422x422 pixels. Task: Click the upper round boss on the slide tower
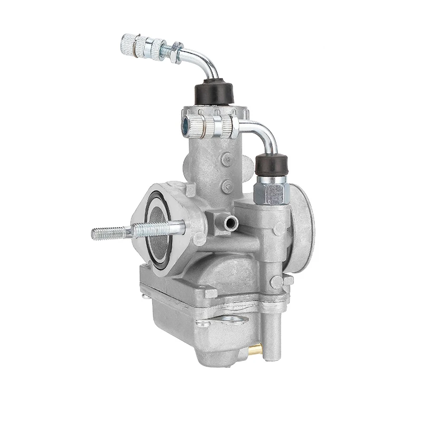[x=227, y=158]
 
